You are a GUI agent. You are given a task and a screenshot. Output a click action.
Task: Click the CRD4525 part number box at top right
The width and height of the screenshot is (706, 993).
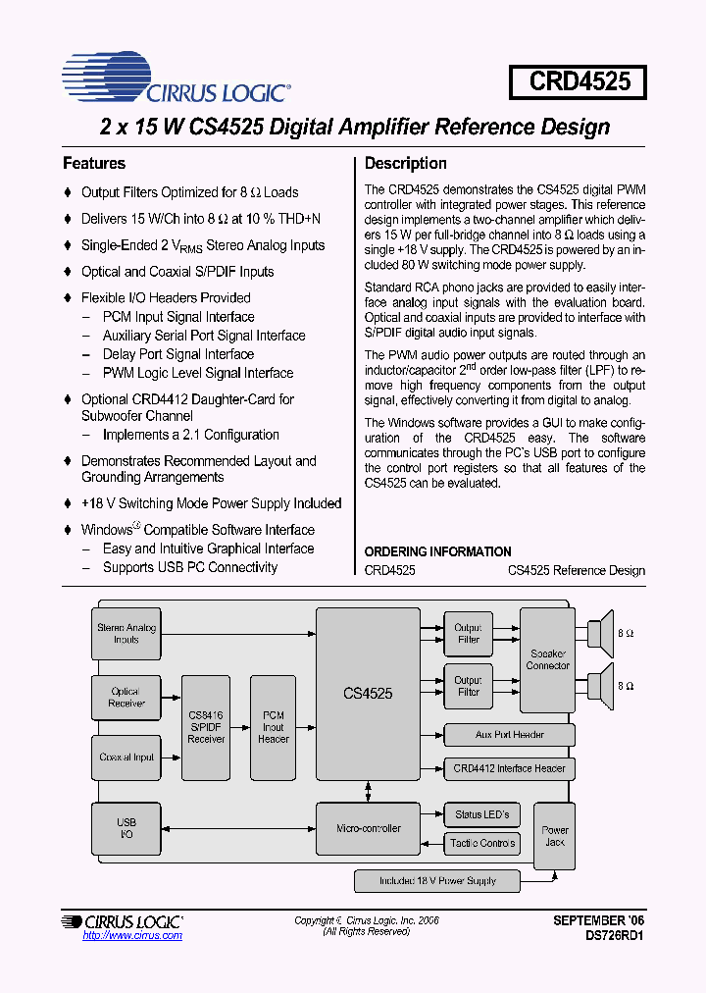(579, 80)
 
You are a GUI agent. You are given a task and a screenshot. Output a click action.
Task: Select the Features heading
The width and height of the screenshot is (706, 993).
(94, 163)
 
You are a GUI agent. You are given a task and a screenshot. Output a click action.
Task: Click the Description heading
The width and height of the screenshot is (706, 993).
(405, 163)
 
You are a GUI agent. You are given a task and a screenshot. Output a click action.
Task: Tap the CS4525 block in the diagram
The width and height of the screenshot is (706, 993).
(368, 693)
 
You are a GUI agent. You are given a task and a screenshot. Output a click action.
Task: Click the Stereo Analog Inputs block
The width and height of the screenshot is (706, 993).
(126, 633)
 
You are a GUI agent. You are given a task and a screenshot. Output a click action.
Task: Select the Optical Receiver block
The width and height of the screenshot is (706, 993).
(126, 698)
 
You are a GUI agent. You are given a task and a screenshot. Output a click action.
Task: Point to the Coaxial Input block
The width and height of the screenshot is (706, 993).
(126, 758)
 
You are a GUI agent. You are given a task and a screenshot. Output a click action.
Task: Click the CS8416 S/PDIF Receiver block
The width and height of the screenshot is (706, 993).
(206, 727)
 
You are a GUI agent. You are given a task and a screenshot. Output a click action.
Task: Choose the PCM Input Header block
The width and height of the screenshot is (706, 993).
(273, 727)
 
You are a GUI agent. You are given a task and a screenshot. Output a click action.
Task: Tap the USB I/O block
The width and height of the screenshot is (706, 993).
(126, 828)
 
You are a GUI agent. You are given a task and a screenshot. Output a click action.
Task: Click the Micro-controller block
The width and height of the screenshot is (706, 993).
(368, 828)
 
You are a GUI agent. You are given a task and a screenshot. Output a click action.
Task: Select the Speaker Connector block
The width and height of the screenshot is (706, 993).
(547, 659)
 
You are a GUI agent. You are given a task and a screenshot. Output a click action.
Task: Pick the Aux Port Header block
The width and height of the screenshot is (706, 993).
(509, 735)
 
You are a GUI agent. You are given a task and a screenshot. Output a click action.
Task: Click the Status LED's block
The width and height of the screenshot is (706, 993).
(481, 814)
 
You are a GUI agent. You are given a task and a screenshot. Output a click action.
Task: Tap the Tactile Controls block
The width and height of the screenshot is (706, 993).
(481, 843)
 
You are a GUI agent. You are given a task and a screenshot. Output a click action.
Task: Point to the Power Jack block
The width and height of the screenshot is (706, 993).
(555, 836)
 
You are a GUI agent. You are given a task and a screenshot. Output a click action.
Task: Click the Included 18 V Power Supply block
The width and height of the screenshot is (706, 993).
(437, 881)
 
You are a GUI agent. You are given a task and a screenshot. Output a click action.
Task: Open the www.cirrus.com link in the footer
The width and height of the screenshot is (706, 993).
(132, 936)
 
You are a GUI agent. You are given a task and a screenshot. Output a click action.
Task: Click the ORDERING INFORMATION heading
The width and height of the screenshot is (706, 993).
(437, 551)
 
